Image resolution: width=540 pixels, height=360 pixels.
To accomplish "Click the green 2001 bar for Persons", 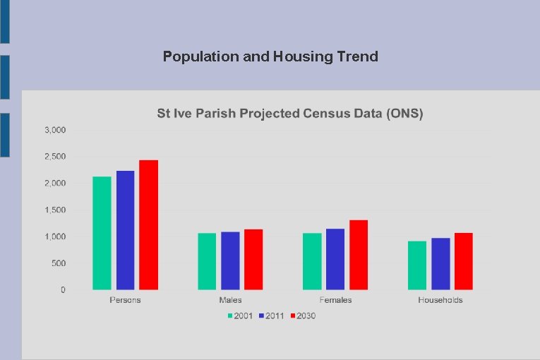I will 102,233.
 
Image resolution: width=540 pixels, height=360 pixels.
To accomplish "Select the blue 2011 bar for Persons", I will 125,230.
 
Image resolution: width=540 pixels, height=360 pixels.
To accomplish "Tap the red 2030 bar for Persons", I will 148,224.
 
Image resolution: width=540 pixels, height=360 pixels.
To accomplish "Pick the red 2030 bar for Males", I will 253,259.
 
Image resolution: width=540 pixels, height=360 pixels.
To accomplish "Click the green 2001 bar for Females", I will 312,261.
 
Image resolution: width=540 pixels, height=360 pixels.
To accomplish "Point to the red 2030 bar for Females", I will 359,255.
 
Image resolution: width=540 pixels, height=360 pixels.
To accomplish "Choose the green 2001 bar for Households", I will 417,265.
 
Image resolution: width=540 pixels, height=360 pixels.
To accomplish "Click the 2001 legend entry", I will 240,316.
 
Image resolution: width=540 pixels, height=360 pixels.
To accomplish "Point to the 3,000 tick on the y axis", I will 55,130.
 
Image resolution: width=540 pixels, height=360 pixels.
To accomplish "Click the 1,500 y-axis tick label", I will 55,210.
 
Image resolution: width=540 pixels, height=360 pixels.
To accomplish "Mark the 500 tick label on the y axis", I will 59,263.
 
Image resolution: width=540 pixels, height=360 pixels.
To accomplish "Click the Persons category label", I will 125,300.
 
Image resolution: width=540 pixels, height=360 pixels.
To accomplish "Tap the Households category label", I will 440,300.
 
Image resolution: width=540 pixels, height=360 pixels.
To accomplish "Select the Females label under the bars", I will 335,300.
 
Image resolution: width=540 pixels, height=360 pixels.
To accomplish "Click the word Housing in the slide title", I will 299,56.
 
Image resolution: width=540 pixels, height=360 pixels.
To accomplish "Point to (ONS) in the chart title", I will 405,114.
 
